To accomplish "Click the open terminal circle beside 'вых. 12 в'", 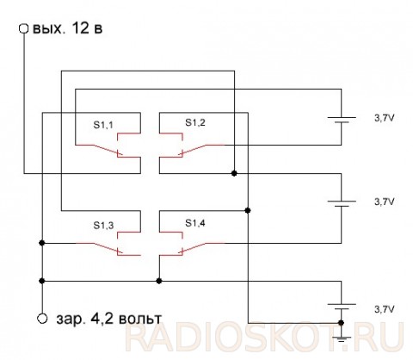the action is tap(23, 28).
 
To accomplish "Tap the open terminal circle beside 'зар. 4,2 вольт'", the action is tap(42, 319).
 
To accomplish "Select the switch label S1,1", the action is tap(103, 125).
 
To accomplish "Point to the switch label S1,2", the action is tap(195, 122).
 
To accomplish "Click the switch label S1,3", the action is tap(103, 226).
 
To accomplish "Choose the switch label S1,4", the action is tap(195, 223).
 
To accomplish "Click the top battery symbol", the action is tap(342, 120).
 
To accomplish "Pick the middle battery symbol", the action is tap(342, 204).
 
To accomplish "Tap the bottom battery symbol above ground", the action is tap(342, 307).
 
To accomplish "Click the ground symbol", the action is tap(342, 338).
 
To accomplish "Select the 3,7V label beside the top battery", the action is tap(385, 118).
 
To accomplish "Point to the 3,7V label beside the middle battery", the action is tap(385, 202).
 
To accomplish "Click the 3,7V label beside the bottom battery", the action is tap(385, 309).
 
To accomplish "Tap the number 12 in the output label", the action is tap(80, 28).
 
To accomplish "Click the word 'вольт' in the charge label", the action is tap(140, 319).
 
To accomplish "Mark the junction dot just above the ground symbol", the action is tap(341, 323).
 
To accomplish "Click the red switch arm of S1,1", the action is tap(99, 150).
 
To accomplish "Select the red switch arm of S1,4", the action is tap(201, 248).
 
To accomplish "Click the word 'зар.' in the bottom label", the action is tap(71, 320).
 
